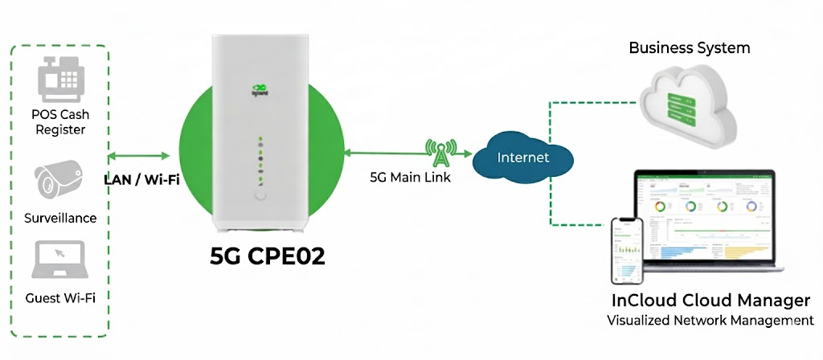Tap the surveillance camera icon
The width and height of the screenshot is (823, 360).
58,178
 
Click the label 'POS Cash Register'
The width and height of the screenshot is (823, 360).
61,122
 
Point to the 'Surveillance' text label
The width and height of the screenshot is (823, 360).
60,218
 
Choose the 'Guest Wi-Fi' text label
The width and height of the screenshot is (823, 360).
60,297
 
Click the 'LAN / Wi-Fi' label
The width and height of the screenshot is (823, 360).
141,178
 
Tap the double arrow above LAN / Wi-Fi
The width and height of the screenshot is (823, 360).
142,154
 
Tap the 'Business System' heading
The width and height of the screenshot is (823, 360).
689,48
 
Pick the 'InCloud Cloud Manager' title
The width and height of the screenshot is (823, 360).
710,301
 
